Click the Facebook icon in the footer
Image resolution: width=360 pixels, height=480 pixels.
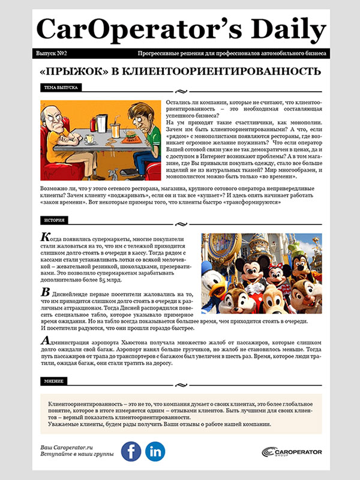(x=131, y=451)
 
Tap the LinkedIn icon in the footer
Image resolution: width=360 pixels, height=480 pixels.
(x=156, y=451)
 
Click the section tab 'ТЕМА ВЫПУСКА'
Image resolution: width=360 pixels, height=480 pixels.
(x=61, y=88)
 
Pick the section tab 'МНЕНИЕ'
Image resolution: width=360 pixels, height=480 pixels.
(x=53, y=381)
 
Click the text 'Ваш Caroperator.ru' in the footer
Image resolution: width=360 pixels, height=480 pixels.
(x=67, y=448)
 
